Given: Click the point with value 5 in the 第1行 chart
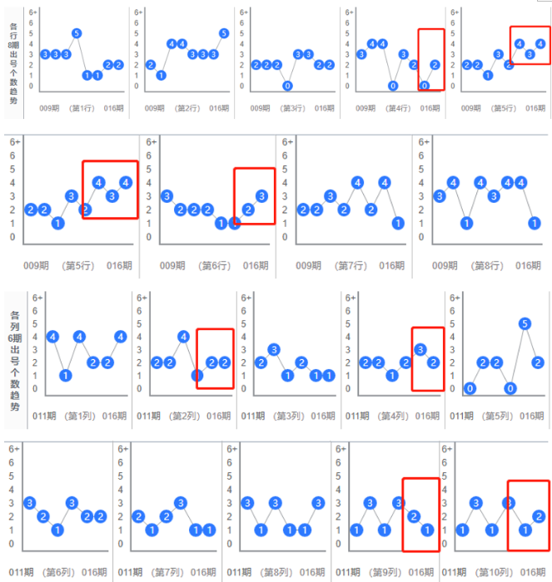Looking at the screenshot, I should click(76, 33).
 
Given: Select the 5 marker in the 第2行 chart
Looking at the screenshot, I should click(224, 33).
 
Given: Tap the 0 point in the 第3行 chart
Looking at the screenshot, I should click(287, 86).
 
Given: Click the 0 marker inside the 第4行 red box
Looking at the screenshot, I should click(425, 86).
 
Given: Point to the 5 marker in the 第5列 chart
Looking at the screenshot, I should click(525, 323).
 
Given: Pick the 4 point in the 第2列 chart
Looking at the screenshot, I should click(183, 337).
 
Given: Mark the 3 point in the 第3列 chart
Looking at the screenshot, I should click(274, 349).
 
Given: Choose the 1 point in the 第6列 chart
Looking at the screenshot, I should click(57, 530).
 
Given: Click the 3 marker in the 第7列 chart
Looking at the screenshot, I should click(179, 503).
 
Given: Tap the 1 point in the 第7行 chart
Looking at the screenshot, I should click(398, 223).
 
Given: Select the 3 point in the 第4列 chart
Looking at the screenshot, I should click(420, 349).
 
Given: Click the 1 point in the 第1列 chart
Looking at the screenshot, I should click(65, 376).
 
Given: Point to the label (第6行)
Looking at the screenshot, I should click(212, 266).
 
